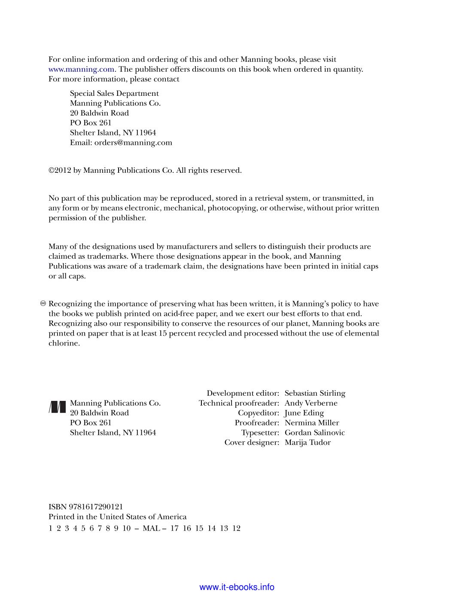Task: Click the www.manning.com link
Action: click(81, 69)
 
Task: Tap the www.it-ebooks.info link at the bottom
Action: click(237, 587)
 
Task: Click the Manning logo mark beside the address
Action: click(58, 407)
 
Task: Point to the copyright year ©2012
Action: click(60, 171)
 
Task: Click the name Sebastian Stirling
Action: click(315, 393)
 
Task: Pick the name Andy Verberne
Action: click(311, 403)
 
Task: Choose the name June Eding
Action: click(304, 413)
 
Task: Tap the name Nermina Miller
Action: click(312, 423)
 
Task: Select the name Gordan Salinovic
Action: click(315, 433)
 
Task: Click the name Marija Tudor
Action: click(308, 443)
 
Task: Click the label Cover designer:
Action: click(252, 443)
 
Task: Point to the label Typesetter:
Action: click(260, 433)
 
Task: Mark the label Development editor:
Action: click(243, 393)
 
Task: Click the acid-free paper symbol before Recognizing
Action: click(43, 304)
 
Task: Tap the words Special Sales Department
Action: click(114, 94)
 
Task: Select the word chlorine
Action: click(64, 343)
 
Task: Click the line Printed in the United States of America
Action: click(117, 517)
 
